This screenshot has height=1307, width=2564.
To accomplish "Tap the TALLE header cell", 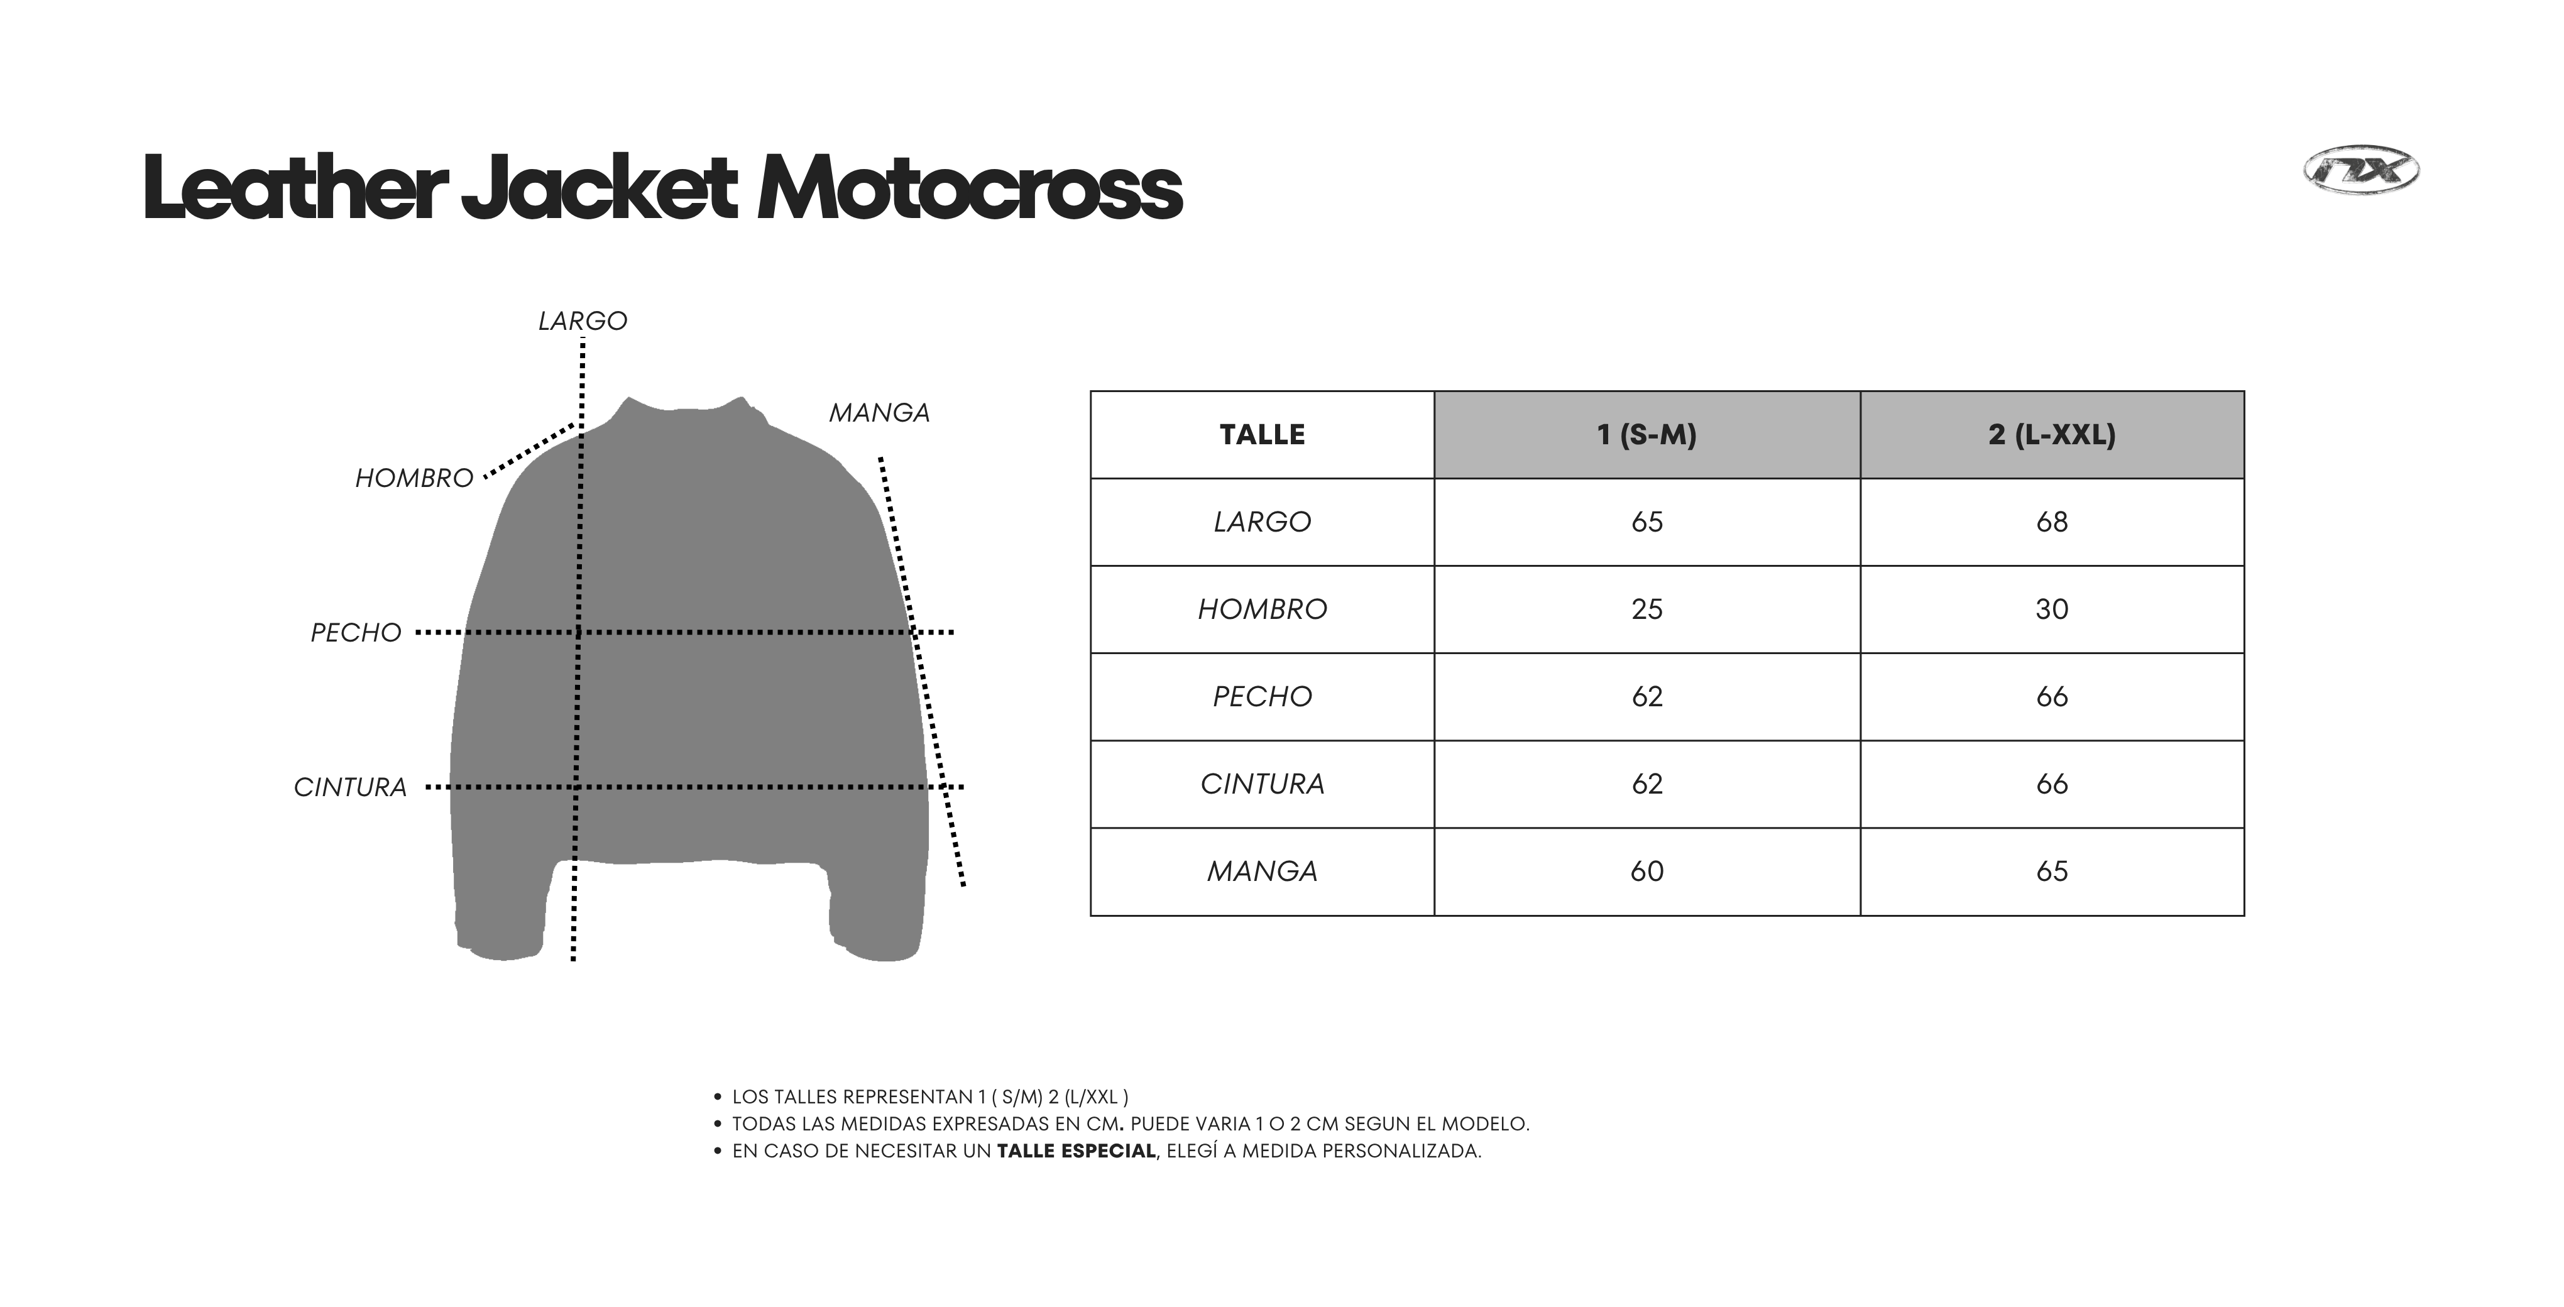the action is tap(1262, 435).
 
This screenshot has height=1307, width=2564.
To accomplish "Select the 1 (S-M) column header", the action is tap(1646, 435).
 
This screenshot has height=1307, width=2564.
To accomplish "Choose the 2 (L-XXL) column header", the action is tap(2051, 435).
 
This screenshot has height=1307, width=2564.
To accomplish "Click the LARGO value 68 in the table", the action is tap(2051, 522).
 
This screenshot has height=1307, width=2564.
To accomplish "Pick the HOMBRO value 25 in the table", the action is tap(1646, 610).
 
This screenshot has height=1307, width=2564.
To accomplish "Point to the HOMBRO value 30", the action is tap(2051, 610).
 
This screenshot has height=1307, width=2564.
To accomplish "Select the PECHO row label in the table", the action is tap(1262, 697).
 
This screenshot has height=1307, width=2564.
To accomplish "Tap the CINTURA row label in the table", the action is tap(1262, 784).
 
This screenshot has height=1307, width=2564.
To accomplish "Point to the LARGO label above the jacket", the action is tap(583, 320).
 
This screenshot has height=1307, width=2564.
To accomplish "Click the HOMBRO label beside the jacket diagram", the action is tap(414, 479).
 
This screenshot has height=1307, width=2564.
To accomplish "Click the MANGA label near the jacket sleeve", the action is tap(879, 413).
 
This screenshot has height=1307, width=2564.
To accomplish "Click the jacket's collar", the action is tap(687, 410).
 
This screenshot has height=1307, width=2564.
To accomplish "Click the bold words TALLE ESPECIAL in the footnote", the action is tap(1076, 1151).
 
